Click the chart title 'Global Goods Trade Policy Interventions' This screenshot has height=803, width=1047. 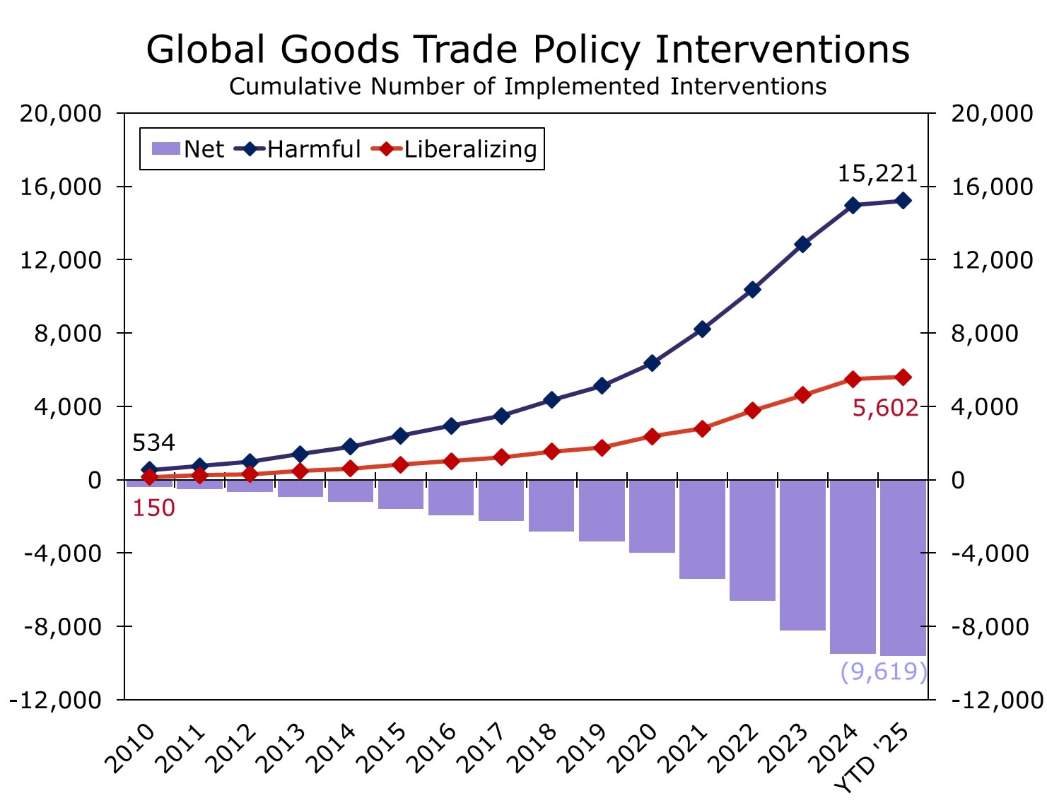coord(527,49)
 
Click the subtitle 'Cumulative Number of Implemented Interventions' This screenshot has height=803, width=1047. coord(527,86)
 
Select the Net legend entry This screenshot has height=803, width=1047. coord(188,149)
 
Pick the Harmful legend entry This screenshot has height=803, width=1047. coord(302,149)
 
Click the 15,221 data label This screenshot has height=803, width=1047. coord(877,173)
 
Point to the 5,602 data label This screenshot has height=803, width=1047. coord(885,408)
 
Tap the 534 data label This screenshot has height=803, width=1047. coord(153,443)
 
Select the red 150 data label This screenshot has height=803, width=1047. coord(153,508)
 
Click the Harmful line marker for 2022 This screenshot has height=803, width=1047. coord(752,289)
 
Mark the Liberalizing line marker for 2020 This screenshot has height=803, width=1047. coord(652,436)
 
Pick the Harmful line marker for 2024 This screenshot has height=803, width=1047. coord(853,205)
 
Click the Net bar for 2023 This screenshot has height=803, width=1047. coord(802,555)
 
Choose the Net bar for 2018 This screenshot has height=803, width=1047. coord(551,505)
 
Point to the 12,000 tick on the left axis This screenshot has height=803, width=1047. coord(60,260)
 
